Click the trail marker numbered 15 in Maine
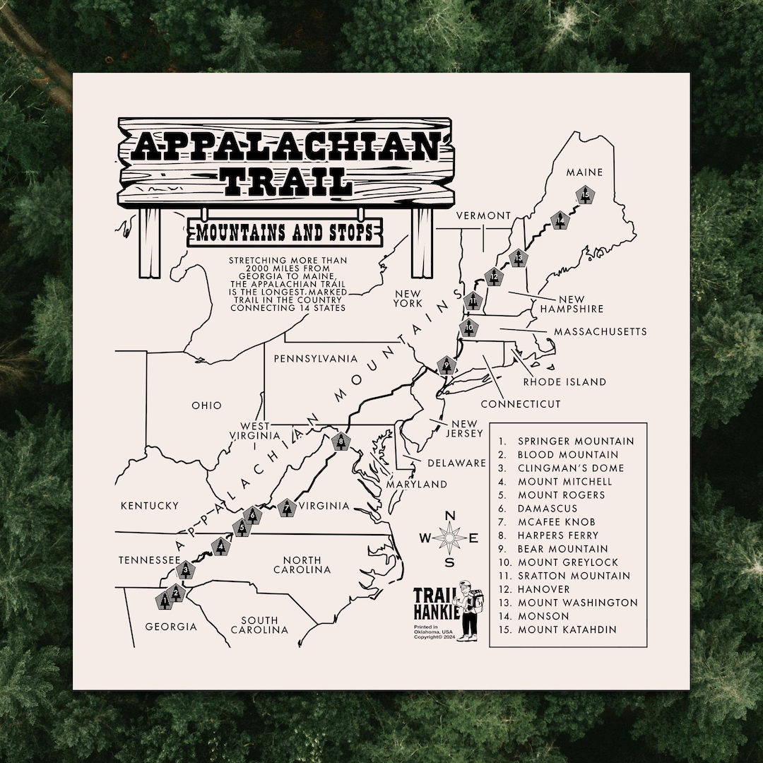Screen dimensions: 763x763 (584, 194)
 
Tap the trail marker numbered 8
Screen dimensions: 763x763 (341, 442)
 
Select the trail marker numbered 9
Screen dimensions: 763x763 (446, 365)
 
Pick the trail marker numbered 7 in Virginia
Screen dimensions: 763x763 (286, 507)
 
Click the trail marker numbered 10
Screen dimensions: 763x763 (469, 328)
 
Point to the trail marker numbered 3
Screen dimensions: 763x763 (186, 569)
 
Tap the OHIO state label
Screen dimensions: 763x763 (206, 406)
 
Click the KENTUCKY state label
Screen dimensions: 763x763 (149, 506)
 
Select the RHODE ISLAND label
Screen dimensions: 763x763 (564, 382)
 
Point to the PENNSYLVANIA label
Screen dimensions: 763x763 (315, 359)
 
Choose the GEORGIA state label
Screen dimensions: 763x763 (171, 627)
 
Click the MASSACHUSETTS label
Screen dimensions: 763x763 (600, 331)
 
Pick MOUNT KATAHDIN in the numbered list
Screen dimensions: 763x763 (567, 629)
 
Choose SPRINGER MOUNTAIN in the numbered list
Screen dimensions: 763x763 (576, 442)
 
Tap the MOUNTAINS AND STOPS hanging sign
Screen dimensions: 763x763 (284, 232)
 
